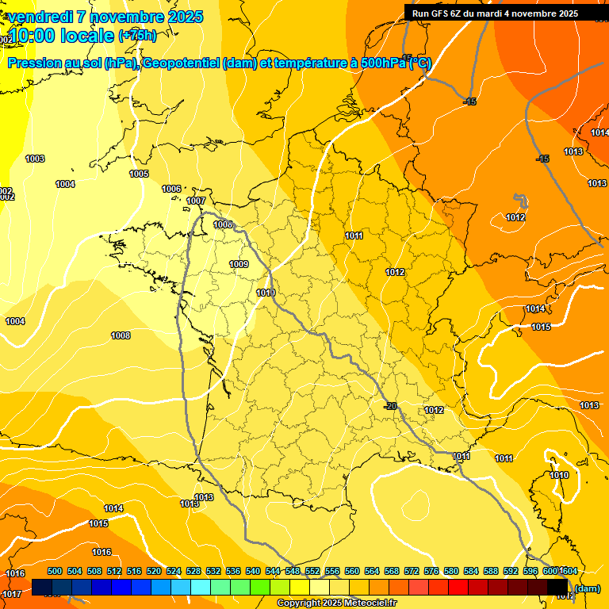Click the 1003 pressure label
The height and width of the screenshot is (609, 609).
[35, 159]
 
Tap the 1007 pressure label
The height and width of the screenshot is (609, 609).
[196, 201]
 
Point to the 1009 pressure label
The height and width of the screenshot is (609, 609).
[239, 264]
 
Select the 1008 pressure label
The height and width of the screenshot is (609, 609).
[121, 336]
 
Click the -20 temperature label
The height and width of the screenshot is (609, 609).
[390, 406]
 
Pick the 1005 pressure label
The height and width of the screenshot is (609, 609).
[139, 174]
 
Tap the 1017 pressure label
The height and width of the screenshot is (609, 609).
[12, 594]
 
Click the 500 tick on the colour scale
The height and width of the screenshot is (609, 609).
[55, 571]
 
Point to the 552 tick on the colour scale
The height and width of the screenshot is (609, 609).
[312, 571]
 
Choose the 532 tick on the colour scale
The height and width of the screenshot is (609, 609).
[213, 571]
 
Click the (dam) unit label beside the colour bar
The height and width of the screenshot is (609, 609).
[587, 588]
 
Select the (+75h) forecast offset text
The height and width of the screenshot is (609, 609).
[137, 36]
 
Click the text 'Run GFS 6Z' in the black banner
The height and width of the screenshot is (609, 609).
[435, 13]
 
